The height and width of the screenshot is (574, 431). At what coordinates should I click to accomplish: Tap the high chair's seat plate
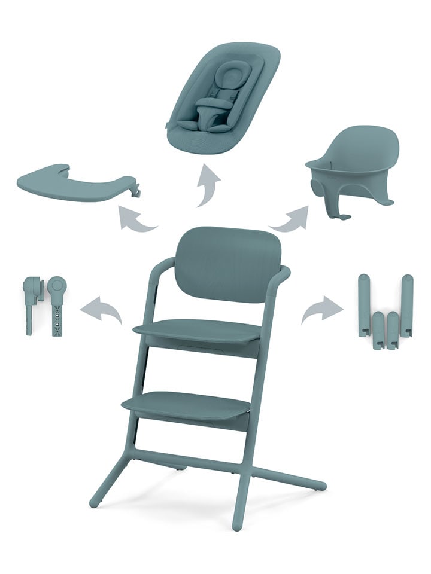[x=198, y=330]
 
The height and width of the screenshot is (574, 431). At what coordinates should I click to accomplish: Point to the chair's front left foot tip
[x=95, y=503]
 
